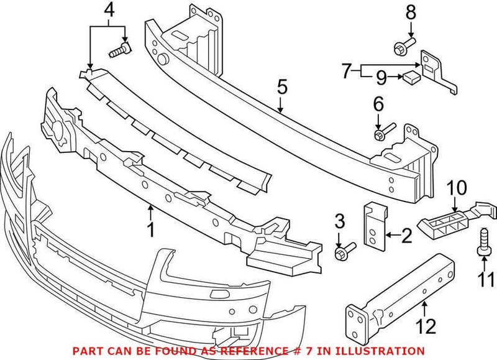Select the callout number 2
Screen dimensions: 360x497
[407, 235]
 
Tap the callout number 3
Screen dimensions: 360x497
[339, 222]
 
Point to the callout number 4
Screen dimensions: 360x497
[109, 10]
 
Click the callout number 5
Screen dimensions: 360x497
[282, 87]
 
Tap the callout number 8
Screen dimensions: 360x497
[409, 11]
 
